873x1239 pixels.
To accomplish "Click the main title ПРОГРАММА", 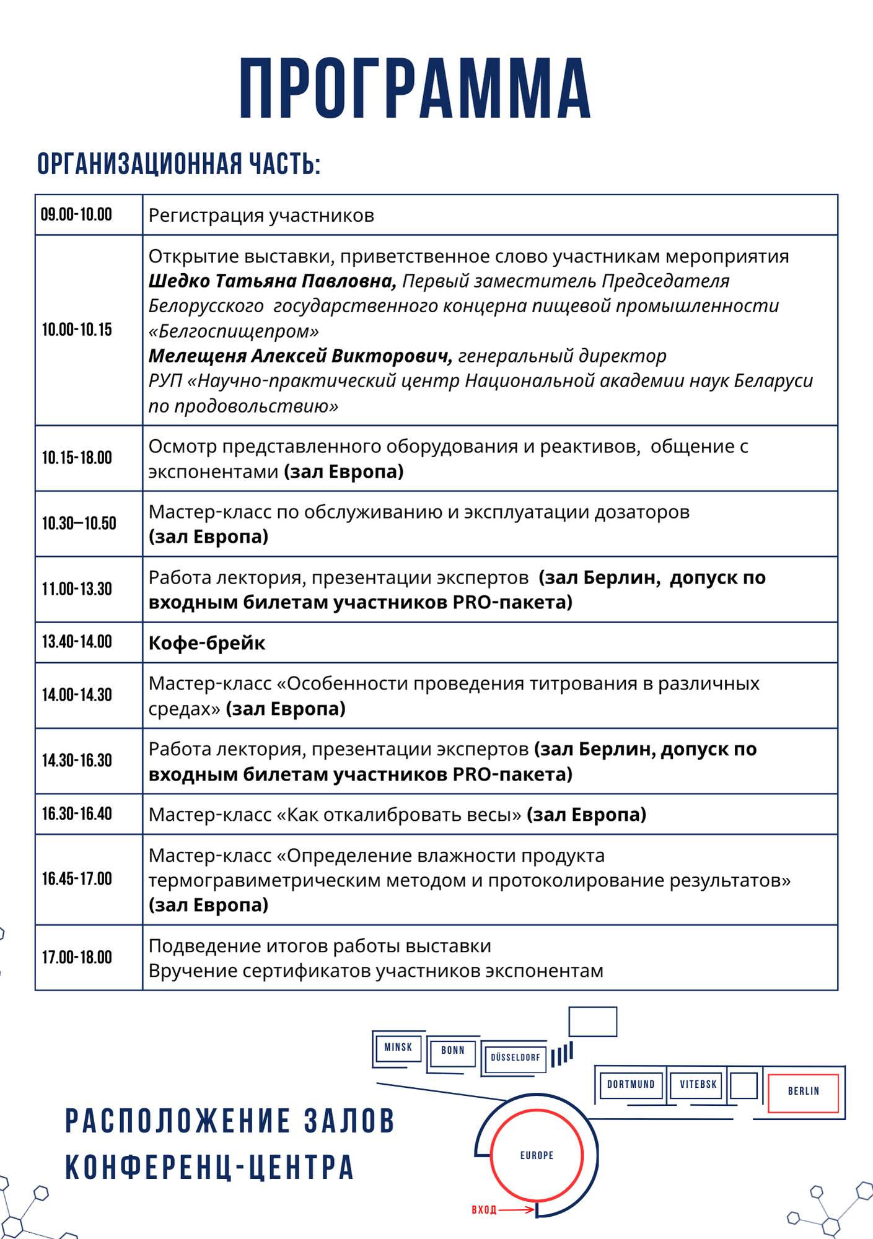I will (x=415, y=89).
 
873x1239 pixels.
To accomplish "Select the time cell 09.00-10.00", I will (x=77, y=215).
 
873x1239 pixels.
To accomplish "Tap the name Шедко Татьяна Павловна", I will (x=272, y=281).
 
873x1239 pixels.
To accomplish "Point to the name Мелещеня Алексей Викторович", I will (x=300, y=356).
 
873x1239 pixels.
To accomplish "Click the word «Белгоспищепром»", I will (x=234, y=331).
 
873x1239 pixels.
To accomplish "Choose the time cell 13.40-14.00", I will (x=77, y=642).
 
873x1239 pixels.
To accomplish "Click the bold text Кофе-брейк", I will (x=207, y=643).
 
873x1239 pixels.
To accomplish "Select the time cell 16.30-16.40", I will (x=77, y=814).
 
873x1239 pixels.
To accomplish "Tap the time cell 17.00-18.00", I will (x=77, y=958).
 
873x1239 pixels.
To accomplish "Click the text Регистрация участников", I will (x=261, y=216).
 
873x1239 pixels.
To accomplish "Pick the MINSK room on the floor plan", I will (x=398, y=1048).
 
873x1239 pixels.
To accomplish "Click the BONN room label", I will (x=452, y=1051).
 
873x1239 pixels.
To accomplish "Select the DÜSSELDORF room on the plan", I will (x=515, y=1057).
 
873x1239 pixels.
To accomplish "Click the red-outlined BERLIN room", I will (x=803, y=1092).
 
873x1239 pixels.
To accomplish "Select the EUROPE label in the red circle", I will (x=537, y=1155).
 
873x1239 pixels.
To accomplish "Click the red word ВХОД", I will (x=484, y=1210).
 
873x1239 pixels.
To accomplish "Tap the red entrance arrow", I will (x=517, y=1210).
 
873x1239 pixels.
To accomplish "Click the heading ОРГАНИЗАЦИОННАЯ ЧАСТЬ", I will (x=178, y=164).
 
